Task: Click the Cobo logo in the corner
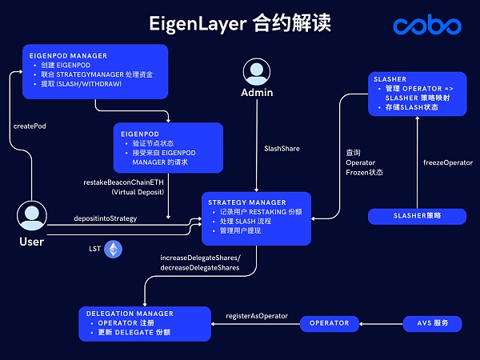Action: [427, 26]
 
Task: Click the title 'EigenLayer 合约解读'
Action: [240, 23]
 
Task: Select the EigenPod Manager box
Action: [94, 70]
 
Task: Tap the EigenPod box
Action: [167, 144]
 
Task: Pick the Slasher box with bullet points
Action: [416, 94]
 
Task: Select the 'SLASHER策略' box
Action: [416, 216]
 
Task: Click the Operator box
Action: [329, 323]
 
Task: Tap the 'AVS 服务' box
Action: [433, 323]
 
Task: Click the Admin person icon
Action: [257, 72]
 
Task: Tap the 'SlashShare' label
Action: [282, 148]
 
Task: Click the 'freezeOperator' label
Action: [447, 162]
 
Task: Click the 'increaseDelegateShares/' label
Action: [200, 258]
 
